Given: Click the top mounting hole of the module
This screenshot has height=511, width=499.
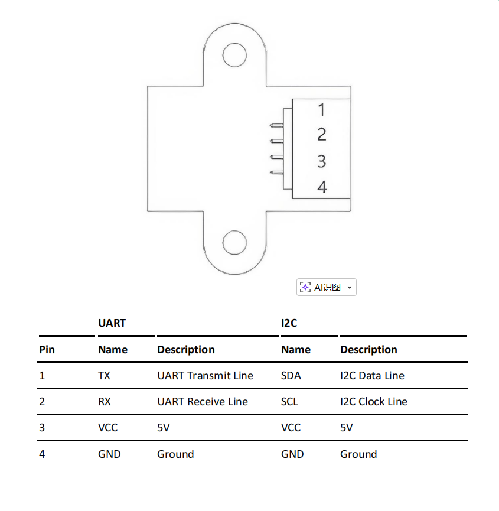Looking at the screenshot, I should pyautogui.click(x=234, y=55).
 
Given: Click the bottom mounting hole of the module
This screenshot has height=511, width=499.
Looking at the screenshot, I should pyautogui.click(x=234, y=243).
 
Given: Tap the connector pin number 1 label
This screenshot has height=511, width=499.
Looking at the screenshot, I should pyautogui.click(x=321, y=110).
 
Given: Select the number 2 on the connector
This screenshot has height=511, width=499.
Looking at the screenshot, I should pyautogui.click(x=321, y=135).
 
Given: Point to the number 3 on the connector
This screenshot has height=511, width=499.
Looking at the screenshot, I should pyautogui.click(x=321, y=161).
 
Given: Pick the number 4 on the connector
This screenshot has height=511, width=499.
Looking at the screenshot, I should pyautogui.click(x=322, y=187).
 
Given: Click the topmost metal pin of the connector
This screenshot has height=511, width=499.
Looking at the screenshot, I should pyautogui.click(x=276, y=125).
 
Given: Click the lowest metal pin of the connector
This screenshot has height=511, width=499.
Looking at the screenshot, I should pyautogui.click(x=276, y=172).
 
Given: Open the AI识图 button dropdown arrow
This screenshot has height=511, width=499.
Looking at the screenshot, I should pyautogui.click(x=349, y=288).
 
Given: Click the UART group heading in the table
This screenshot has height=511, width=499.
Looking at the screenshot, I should pyautogui.click(x=112, y=323).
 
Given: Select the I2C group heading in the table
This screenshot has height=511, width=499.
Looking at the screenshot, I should pyautogui.click(x=289, y=323).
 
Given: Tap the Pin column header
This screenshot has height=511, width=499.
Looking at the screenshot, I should pyautogui.click(x=47, y=350).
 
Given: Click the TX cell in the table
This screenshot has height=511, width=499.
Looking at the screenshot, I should pyautogui.click(x=104, y=376).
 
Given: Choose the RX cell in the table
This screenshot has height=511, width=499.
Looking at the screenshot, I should pyautogui.click(x=104, y=402).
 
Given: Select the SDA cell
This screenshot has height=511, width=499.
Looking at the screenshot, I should pyautogui.click(x=291, y=376).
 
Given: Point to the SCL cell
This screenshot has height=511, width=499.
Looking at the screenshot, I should pyautogui.click(x=289, y=402).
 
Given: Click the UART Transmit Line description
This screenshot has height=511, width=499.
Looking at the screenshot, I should pyautogui.click(x=205, y=376).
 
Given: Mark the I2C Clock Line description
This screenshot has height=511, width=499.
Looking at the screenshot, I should pyautogui.click(x=373, y=402).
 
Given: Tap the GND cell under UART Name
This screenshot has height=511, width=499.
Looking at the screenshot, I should pyautogui.click(x=109, y=454).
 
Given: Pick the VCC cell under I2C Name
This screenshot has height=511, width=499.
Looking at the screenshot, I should pyautogui.click(x=291, y=428).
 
